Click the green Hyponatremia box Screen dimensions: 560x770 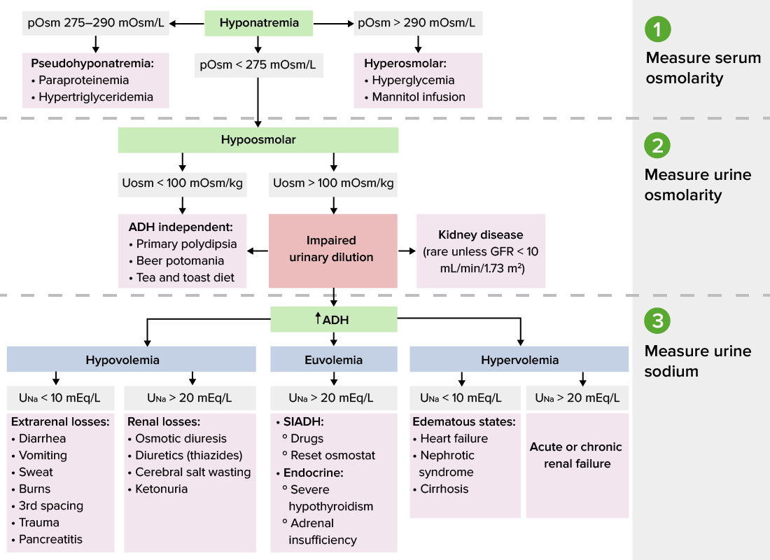point(259,23)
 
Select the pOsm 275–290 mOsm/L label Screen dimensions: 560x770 point(95,23)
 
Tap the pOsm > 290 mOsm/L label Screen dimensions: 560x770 point(417,23)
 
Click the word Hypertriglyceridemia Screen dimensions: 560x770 point(96,97)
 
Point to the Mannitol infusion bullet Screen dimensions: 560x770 point(418,97)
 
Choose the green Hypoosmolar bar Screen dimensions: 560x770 point(258,140)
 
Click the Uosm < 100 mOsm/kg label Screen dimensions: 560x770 point(182,183)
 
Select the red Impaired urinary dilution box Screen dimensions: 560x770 point(333,250)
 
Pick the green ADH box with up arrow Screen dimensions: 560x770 point(333,320)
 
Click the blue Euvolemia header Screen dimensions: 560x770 point(333,360)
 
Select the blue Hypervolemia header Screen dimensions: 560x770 point(519,360)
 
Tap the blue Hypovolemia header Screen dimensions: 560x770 point(122,360)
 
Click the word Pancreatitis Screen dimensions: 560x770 point(50,539)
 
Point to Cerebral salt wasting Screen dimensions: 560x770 point(192,472)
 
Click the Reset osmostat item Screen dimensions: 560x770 point(323,456)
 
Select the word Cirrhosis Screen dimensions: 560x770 point(444,489)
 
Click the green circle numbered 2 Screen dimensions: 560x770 point(657,146)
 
